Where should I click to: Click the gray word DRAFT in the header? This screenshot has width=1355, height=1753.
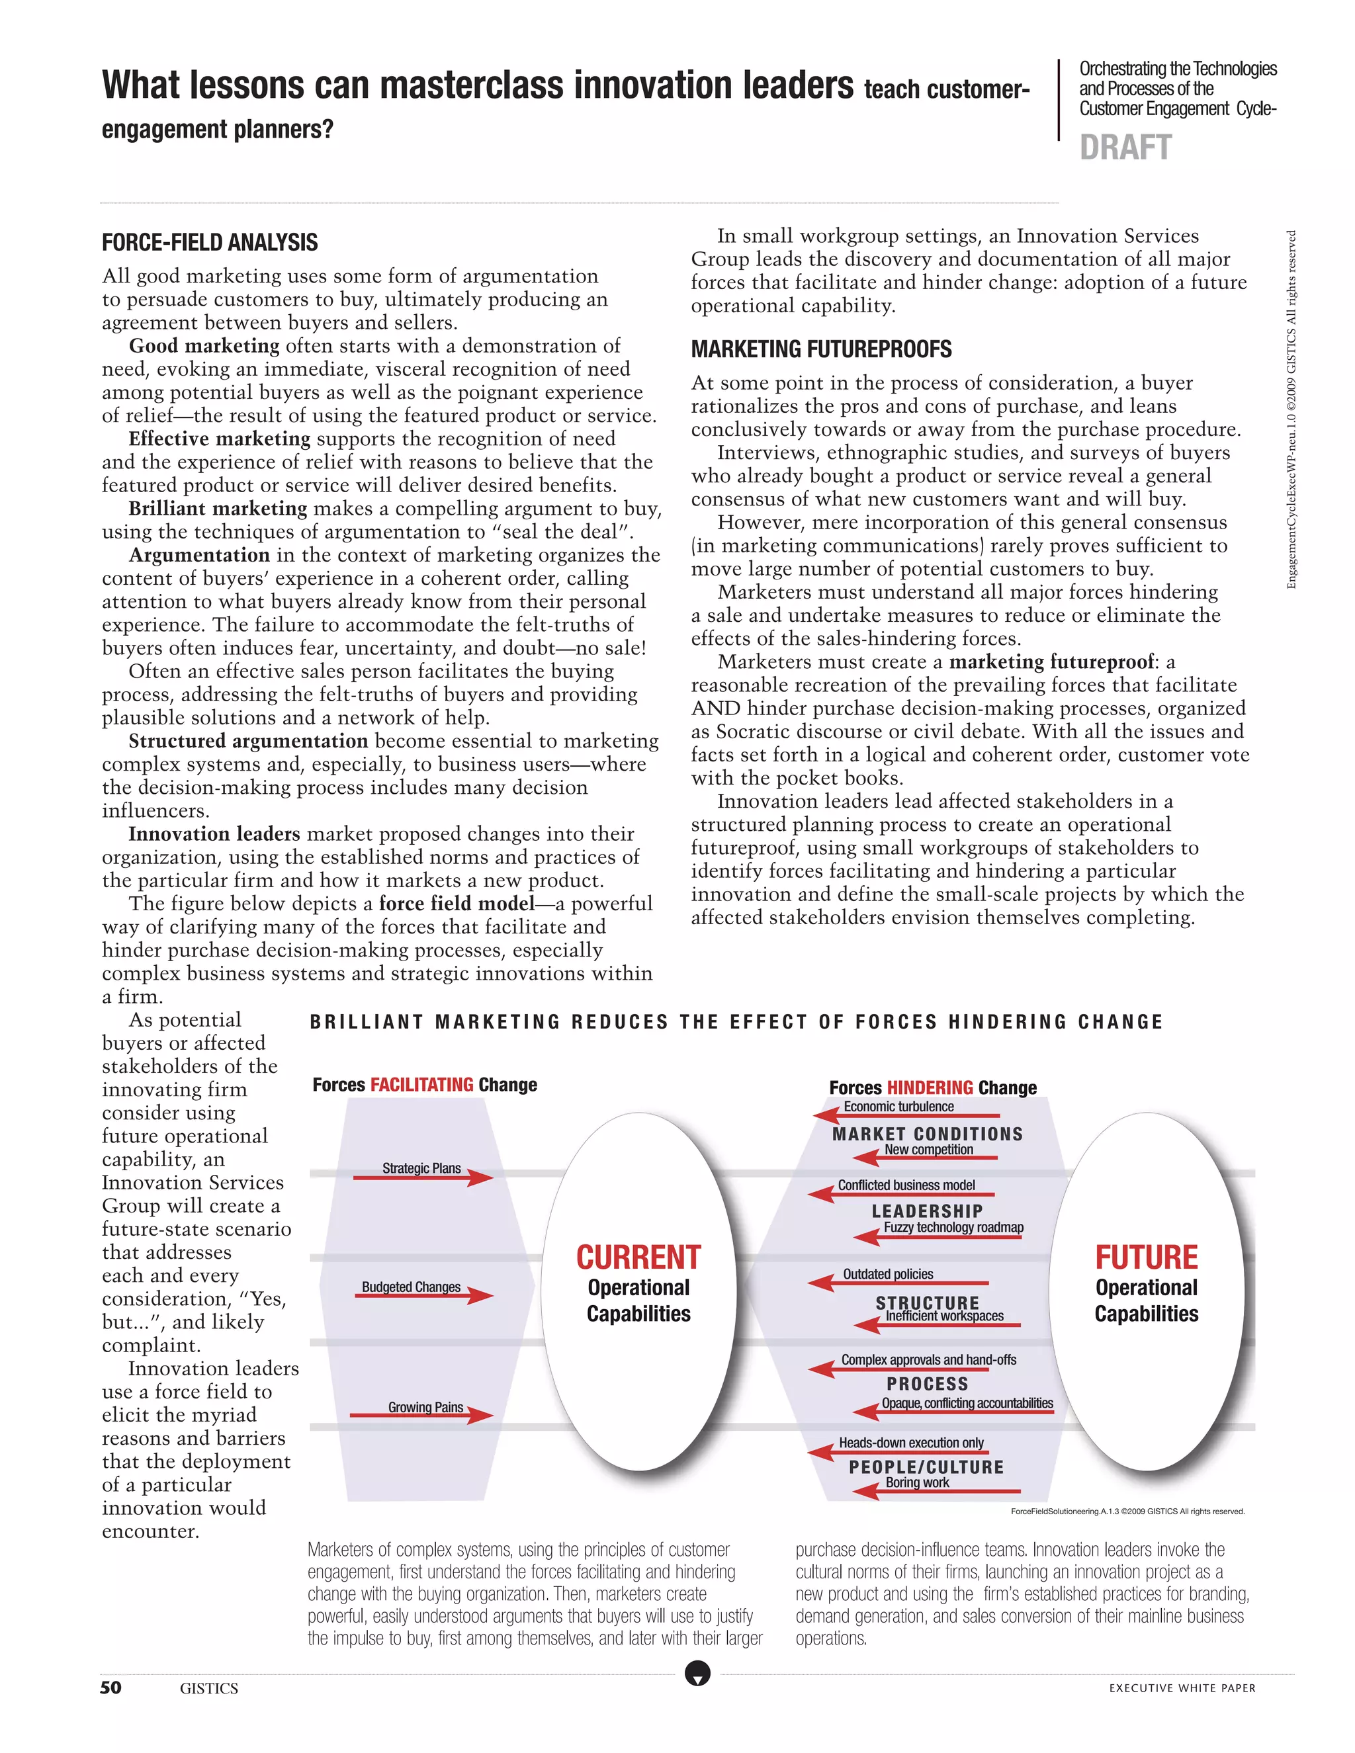pos(1125,148)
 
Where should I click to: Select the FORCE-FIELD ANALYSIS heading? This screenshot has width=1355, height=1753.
pos(210,242)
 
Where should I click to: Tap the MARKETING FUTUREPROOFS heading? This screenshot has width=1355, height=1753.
pos(821,349)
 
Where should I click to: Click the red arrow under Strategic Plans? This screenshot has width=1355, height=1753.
pos(423,1178)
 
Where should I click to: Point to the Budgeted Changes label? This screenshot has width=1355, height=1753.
pos(411,1287)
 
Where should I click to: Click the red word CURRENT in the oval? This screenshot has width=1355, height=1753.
pos(638,1257)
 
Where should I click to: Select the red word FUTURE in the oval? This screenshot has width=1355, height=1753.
pos(1147,1257)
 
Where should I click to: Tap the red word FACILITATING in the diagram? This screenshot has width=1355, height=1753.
pos(421,1084)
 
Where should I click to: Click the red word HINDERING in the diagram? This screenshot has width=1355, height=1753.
pos(930,1088)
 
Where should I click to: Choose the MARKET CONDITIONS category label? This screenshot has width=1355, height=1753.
pos(927,1134)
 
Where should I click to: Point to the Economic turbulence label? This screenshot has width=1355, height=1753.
pos(898,1106)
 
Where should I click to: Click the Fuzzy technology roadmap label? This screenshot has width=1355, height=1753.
pos(953,1227)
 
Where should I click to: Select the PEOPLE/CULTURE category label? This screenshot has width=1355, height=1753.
pos(926,1467)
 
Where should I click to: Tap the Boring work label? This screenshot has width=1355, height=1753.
pos(917,1482)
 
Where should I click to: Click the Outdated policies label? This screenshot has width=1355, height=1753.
pos(888,1274)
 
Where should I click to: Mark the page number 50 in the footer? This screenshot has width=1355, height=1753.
pos(110,1688)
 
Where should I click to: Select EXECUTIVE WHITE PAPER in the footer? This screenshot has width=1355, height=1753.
pos(1182,1688)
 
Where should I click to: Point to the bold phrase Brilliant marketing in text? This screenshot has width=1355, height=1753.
pos(218,509)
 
